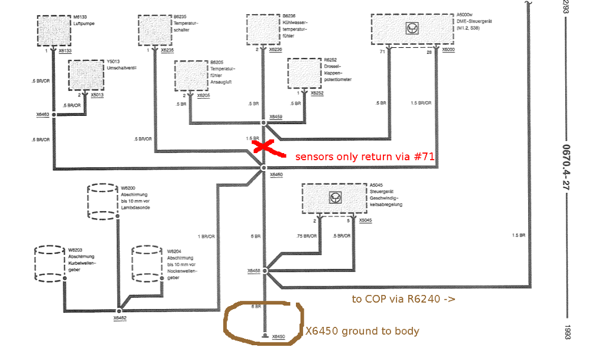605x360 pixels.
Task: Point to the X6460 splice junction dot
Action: pyautogui.click(x=264, y=169)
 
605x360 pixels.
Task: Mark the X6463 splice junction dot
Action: pyautogui.click(x=54, y=114)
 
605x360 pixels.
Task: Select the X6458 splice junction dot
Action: pyautogui.click(x=264, y=271)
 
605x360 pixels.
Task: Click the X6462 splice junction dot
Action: pyautogui.click(x=119, y=310)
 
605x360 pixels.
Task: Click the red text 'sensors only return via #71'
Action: pyautogui.click(x=365, y=157)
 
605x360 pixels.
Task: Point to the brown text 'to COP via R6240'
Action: pyautogui.click(x=403, y=299)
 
